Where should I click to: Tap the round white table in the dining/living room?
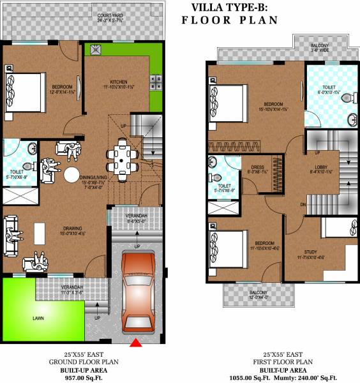click(x=71, y=175)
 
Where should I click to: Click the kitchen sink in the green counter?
click(x=96, y=49)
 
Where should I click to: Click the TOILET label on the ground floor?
click(x=17, y=172)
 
